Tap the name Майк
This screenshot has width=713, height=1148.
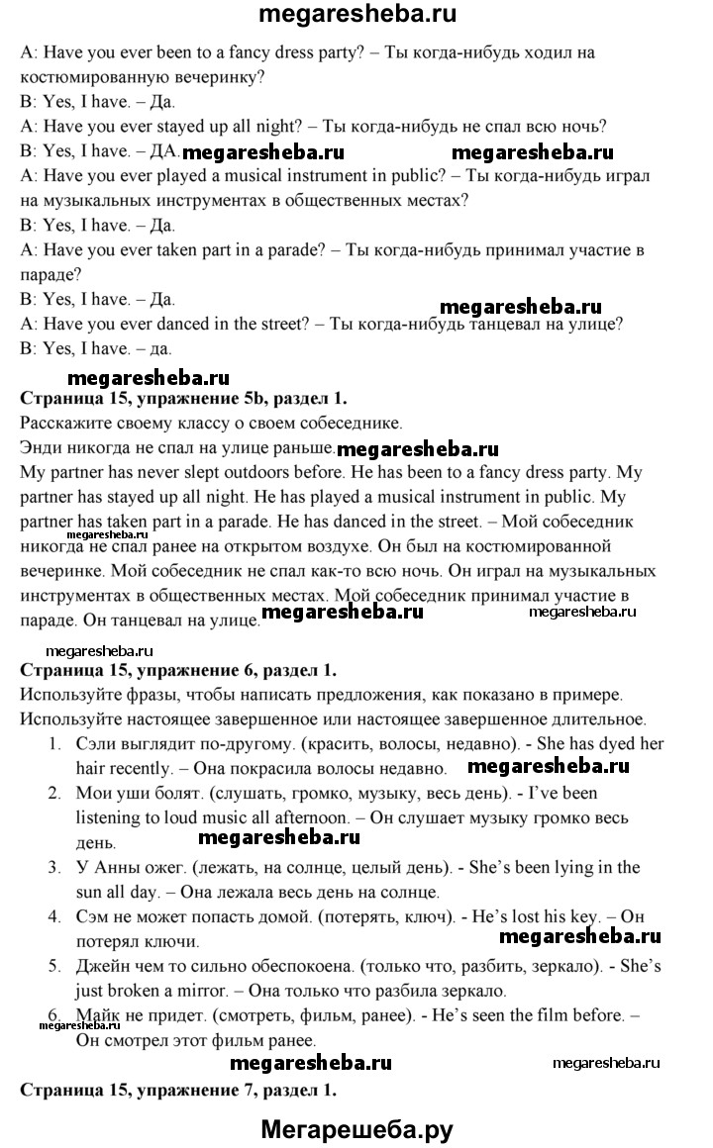tap(97, 1015)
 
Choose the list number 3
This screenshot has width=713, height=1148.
tap(51, 867)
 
